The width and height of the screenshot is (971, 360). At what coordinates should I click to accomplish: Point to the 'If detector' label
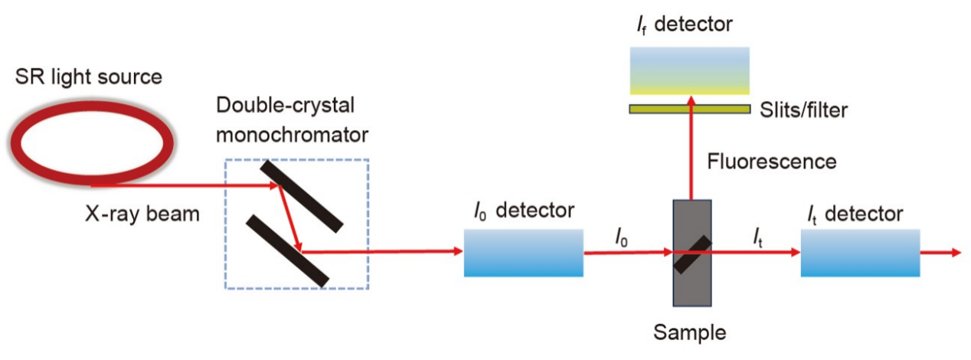coord(684,24)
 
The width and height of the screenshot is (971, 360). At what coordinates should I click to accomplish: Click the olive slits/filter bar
coord(689,109)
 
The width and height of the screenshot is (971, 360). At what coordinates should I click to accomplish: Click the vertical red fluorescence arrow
coord(691,153)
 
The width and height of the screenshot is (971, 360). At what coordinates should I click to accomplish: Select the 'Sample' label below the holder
coord(689,333)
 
